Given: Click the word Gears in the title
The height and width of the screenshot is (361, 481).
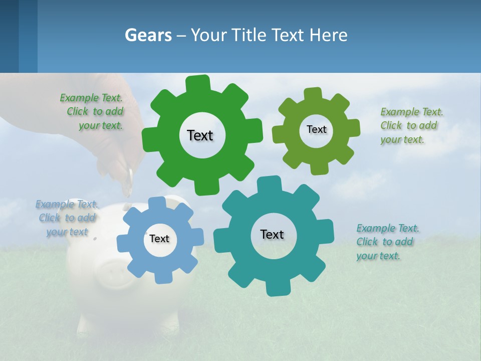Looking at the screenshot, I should click(148, 35).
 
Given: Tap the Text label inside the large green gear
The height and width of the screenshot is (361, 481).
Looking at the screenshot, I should click(200, 135).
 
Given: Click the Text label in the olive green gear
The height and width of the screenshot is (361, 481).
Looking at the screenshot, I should click(316, 129).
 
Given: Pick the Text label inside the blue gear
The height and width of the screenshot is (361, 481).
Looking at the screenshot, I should click(159, 239).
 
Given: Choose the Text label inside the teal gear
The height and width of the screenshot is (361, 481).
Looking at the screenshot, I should click(272, 234).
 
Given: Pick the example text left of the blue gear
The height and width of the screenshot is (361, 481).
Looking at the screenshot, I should click(67, 218).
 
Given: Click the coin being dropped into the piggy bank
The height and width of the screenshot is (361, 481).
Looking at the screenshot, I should click(129, 182).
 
